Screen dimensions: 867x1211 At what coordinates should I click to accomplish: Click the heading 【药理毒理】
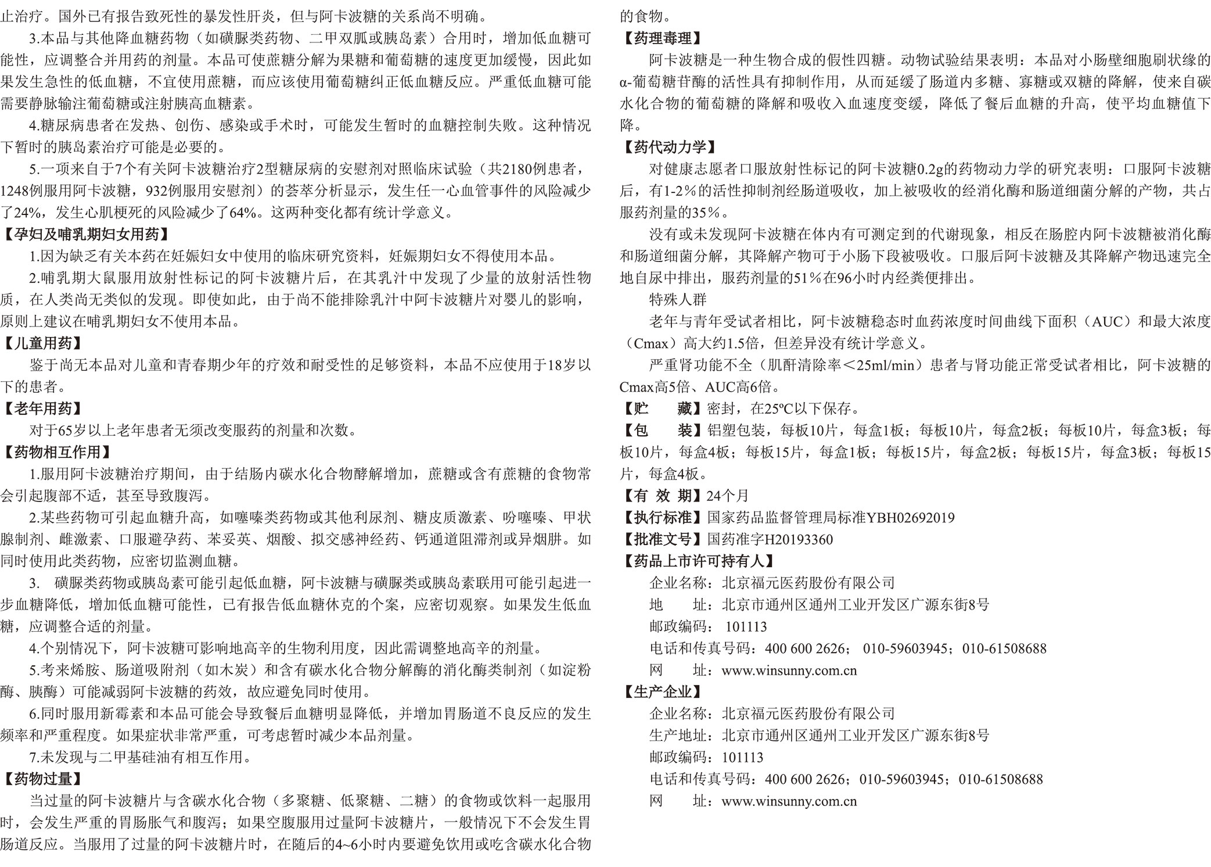pyautogui.click(x=662, y=38)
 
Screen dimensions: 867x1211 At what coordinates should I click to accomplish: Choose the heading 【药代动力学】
pyautogui.click(x=669, y=148)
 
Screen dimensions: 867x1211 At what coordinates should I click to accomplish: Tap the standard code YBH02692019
pyautogui.click(x=910, y=518)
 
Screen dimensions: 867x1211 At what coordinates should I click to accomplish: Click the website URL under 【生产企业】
pyautogui.click(x=789, y=801)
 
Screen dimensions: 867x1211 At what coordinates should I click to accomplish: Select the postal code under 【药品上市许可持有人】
pyautogui.click(x=746, y=627)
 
